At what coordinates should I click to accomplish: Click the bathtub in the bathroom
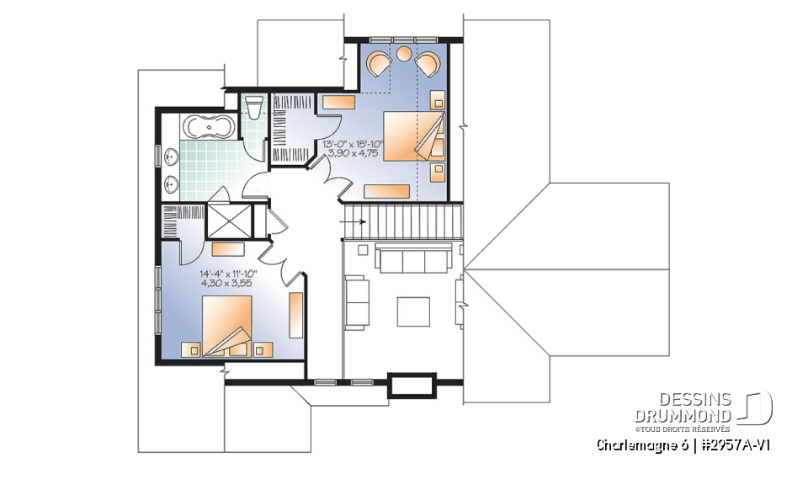pyautogui.click(x=210, y=129)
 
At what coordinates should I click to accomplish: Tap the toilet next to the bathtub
pyautogui.click(x=253, y=109)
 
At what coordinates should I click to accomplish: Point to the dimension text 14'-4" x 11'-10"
pyautogui.click(x=228, y=274)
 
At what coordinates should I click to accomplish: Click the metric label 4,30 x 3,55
pyautogui.click(x=227, y=284)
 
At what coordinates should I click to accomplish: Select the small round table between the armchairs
pyautogui.click(x=404, y=55)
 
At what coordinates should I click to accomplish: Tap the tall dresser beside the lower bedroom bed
pyautogui.click(x=295, y=316)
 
